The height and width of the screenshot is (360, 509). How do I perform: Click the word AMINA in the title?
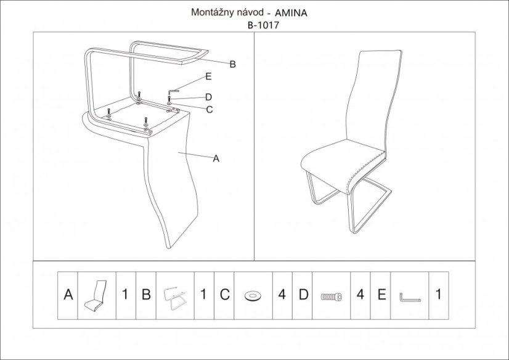[x=291, y=14]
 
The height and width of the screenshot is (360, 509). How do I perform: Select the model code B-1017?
[x=263, y=25]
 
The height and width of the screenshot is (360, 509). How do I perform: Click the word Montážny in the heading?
[x=211, y=12]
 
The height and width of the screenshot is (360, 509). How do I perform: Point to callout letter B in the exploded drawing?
[x=232, y=64]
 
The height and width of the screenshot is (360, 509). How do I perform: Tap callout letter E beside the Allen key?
[x=208, y=76]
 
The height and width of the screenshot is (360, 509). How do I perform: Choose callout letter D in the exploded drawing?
[x=209, y=97]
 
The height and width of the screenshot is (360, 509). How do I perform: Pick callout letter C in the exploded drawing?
[x=210, y=110]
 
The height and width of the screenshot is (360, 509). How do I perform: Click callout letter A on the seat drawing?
[x=216, y=159]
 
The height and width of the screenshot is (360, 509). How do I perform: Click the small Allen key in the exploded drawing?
[x=173, y=91]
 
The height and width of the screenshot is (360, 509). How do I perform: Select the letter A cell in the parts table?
[x=68, y=295]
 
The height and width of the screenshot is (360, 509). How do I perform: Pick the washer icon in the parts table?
[x=253, y=296]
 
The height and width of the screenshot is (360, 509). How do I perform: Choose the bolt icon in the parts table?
[x=331, y=297]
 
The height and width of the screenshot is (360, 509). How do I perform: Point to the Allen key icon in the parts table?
[x=409, y=297]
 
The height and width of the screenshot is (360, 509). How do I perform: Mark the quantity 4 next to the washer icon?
[x=282, y=295]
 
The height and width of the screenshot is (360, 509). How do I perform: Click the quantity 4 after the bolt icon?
[x=360, y=295]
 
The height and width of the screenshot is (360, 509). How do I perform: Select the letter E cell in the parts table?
[x=381, y=295]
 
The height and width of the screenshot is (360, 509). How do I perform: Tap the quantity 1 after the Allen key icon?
[x=439, y=295]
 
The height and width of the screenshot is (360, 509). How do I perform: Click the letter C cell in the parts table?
[x=225, y=295]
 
